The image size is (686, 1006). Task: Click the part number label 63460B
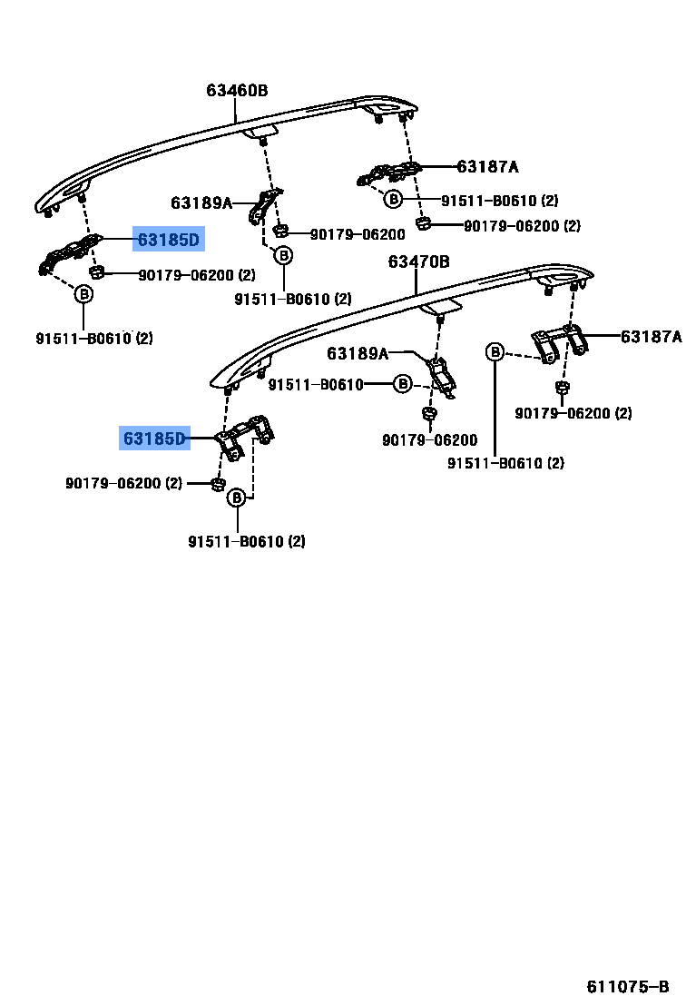click(x=236, y=91)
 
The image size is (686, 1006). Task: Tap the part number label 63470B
click(x=418, y=261)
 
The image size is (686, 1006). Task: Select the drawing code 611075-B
click(x=627, y=987)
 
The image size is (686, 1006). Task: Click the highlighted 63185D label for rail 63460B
click(x=168, y=240)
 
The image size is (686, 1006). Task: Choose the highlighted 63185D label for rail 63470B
click(x=154, y=439)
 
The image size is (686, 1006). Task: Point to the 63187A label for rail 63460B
click(x=487, y=167)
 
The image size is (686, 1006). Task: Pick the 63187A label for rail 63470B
click(x=651, y=337)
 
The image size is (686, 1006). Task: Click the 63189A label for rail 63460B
click(x=201, y=203)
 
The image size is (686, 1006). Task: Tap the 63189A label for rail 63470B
click(x=358, y=353)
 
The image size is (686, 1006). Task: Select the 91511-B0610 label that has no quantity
click(x=315, y=385)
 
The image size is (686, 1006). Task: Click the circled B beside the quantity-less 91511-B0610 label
click(x=403, y=385)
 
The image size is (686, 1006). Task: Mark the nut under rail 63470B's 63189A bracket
click(x=428, y=415)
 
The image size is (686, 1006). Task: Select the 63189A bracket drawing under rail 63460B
click(x=264, y=207)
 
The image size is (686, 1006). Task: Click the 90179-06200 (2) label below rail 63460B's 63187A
click(x=522, y=226)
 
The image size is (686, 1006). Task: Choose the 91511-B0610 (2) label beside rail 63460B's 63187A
click(x=500, y=200)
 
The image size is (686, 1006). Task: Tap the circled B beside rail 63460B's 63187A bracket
click(x=393, y=199)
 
